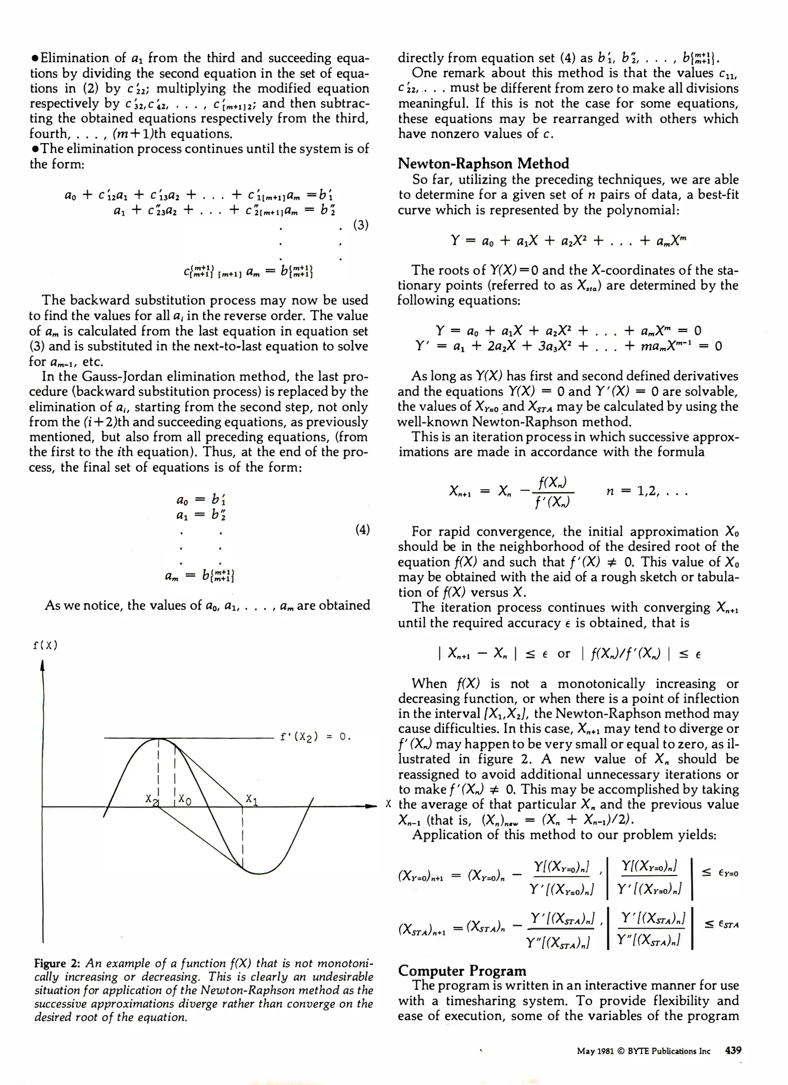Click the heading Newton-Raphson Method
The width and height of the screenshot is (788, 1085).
pos(483,164)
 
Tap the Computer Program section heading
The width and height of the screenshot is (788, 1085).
pos(462,970)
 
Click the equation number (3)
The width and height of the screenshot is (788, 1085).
pos(361,225)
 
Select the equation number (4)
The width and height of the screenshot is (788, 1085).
pos(362,529)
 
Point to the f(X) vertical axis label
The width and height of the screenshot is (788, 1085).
pos(45,645)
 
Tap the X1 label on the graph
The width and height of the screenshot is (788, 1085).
pos(252,799)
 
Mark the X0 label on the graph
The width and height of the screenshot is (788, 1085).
pos(184,800)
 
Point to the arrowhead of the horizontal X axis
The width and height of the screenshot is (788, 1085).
pos(371,807)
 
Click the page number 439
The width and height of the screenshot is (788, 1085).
pos(733,1050)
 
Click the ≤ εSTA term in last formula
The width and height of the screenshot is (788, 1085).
pos(721,924)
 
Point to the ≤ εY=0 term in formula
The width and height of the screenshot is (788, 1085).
pos(720,874)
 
